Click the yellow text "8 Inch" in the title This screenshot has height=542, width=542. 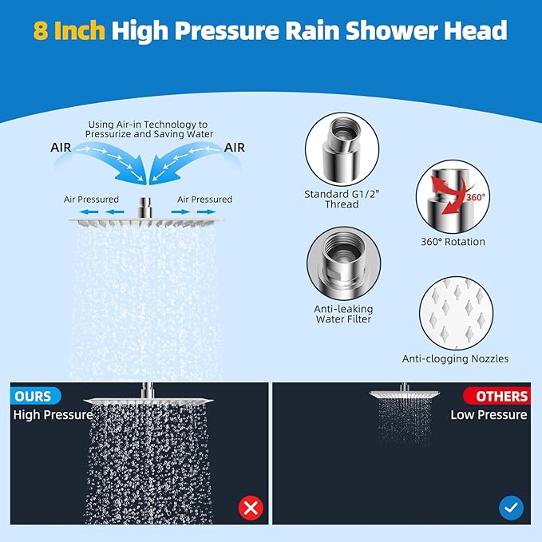pos(69,30)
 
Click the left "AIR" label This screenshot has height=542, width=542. pos(65,148)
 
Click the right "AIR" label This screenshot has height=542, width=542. pos(234,148)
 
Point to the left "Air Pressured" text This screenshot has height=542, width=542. pos(91,200)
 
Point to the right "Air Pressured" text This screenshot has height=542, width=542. pos(204,200)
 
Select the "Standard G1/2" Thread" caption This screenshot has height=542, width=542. pos(331,199)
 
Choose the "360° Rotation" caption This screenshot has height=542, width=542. pos(453,241)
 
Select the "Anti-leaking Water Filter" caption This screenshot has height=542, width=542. pos(344,314)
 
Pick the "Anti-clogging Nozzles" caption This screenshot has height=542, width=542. pos(455,359)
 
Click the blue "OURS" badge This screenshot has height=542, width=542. pos(33,396)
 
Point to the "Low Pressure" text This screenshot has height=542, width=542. pos(489,415)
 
